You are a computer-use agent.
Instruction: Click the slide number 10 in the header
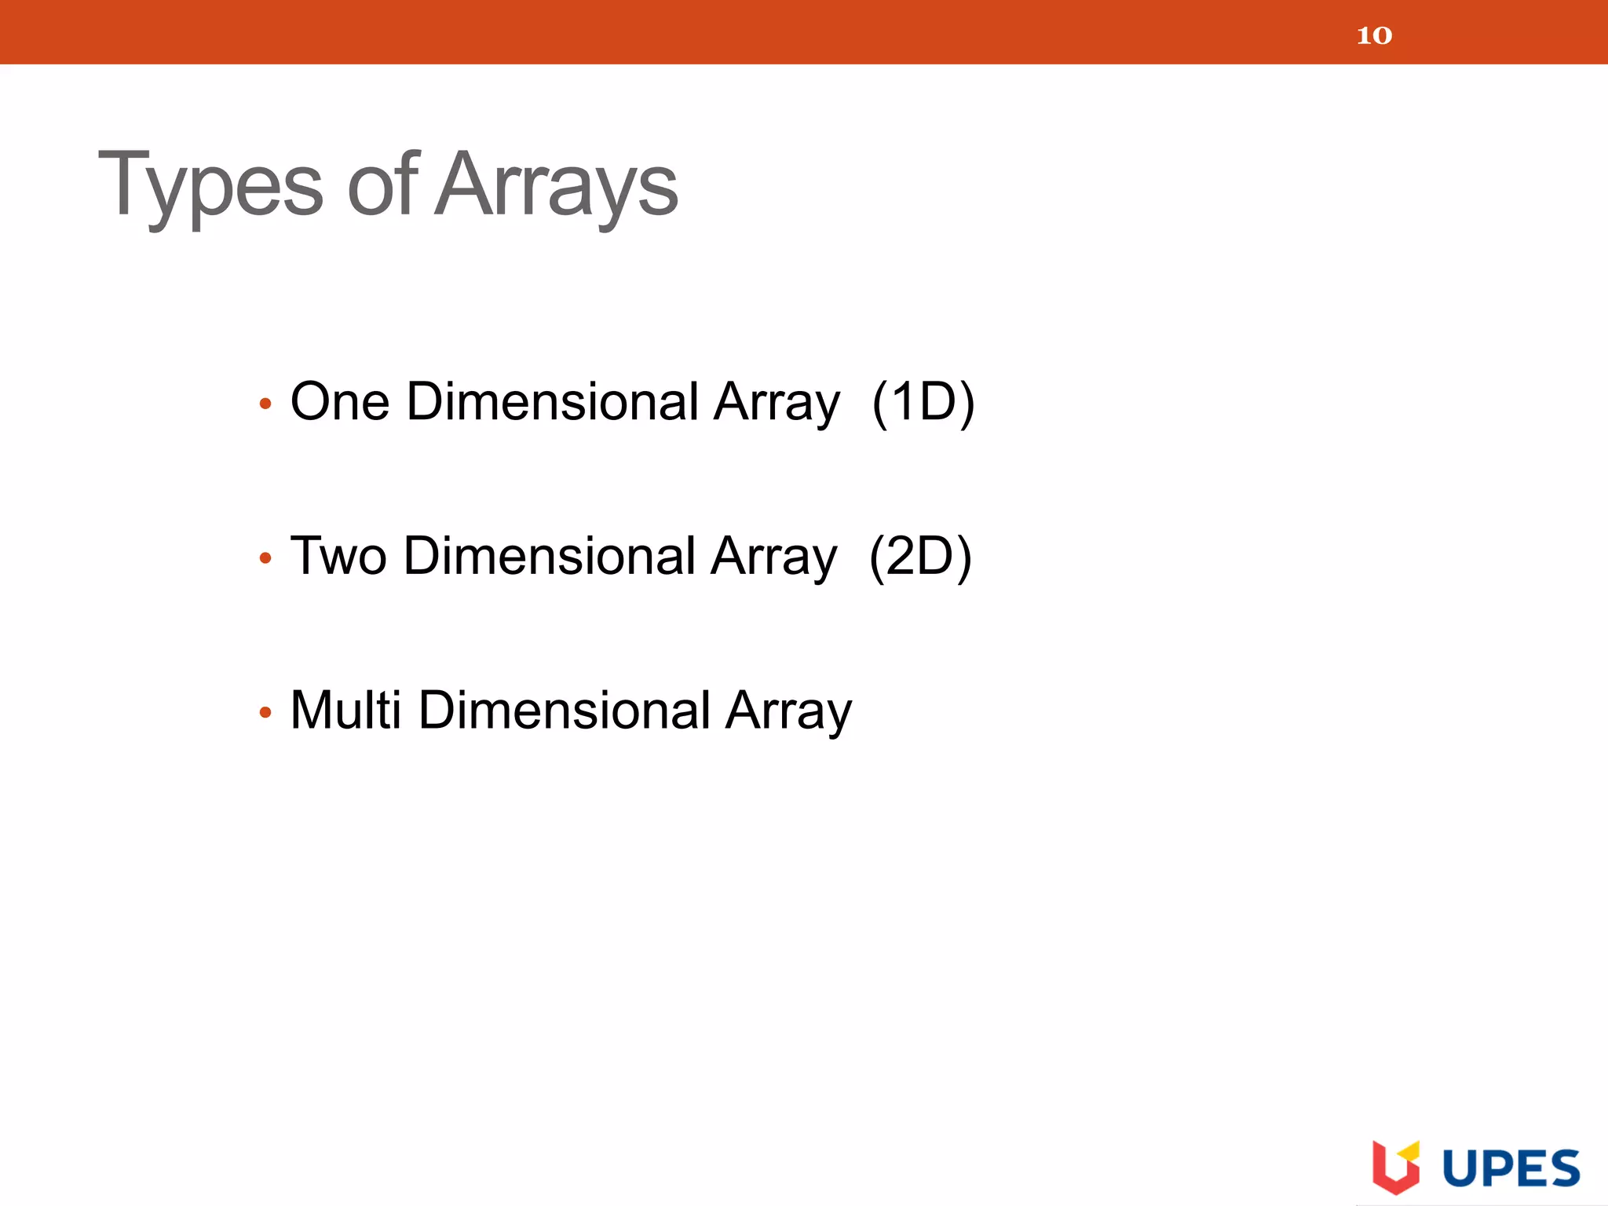pyautogui.click(x=1374, y=35)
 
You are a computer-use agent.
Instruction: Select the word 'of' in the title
pyautogui.click(x=382, y=185)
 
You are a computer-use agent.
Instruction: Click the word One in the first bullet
pyautogui.click(x=340, y=402)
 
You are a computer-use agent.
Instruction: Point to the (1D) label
pyautogui.click(x=923, y=402)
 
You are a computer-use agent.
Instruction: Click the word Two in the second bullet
pyautogui.click(x=338, y=556)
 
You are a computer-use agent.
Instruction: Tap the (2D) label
pyautogui.click(x=920, y=556)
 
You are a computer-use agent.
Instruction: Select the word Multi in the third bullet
pyautogui.click(x=345, y=710)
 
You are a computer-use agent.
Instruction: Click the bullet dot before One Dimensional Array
pyautogui.click(x=265, y=404)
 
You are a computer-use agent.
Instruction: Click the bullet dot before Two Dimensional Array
pyautogui.click(x=265, y=558)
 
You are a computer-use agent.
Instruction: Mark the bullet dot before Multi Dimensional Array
pyautogui.click(x=265, y=713)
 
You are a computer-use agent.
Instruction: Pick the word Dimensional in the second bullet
pyautogui.click(x=550, y=556)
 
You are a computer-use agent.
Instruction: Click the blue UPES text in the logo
pyautogui.click(x=1511, y=1168)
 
